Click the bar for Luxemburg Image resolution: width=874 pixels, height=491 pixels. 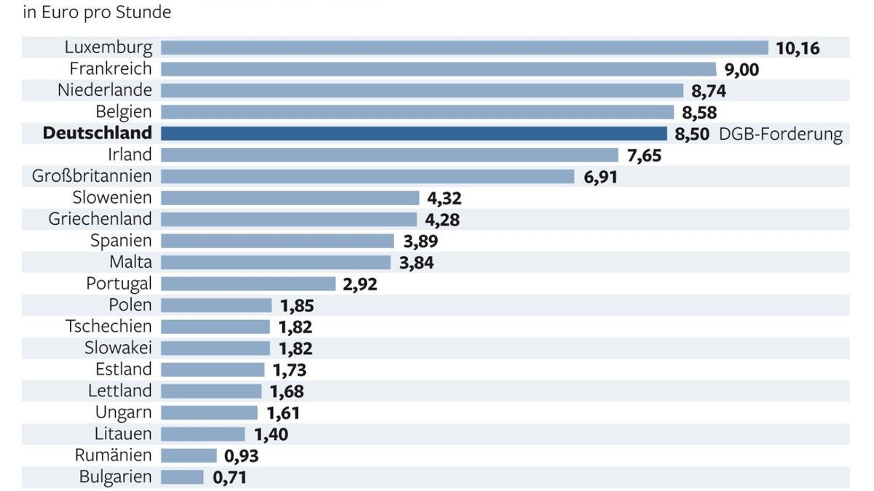point(464,48)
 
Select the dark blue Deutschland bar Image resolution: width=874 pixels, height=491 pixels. point(413,134)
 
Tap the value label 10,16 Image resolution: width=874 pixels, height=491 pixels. point(798,49)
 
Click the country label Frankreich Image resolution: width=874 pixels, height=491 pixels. point(111,69)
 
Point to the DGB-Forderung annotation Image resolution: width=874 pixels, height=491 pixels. point(780,135)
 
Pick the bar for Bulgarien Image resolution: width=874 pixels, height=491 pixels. point(182,477)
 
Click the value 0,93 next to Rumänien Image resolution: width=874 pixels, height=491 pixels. point(241,456)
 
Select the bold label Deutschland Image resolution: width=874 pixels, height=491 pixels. point(98,134)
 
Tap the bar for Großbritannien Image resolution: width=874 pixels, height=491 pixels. point(367,177)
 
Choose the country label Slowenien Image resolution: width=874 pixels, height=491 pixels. point(112,198)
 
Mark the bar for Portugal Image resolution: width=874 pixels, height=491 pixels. point(248,284)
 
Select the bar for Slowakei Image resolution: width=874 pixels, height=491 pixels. point(215,348)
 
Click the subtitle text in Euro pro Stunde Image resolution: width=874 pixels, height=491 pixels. point(97,12)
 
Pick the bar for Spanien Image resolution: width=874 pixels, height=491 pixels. point(277,241)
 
